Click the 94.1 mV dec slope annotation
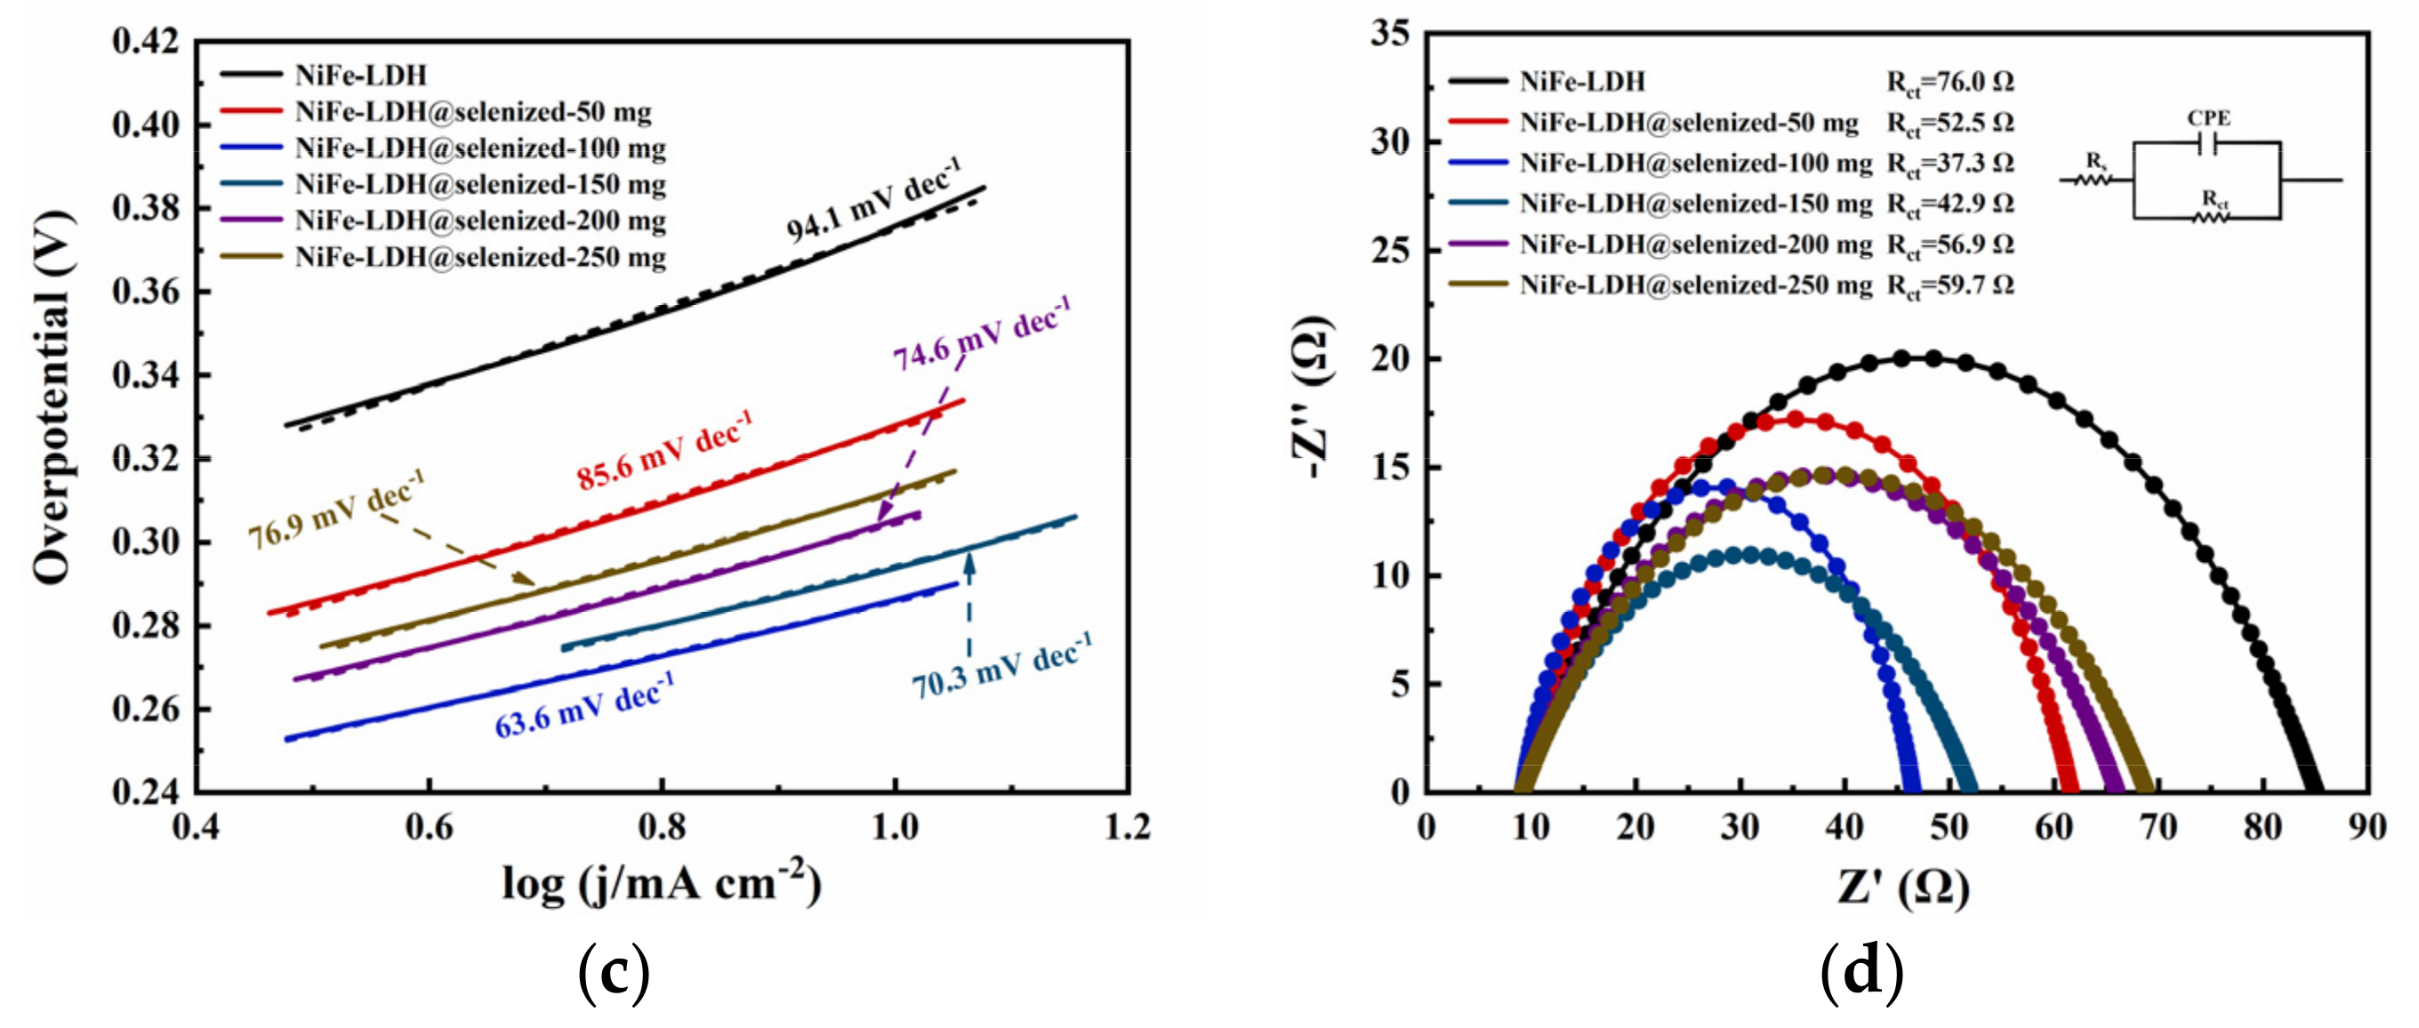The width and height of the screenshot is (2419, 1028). (x=872, y=201)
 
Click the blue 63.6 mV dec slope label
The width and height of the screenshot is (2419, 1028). (x=584, y=707)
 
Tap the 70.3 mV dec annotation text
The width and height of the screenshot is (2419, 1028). (x=1001, y=668)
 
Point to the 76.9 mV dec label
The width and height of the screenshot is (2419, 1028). (x=335, y=510)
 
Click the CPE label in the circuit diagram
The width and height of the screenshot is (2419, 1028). (x=2207, y=118)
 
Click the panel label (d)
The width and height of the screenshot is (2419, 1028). (x=1861, y=973)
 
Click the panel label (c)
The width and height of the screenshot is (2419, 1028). (x=614, y=973)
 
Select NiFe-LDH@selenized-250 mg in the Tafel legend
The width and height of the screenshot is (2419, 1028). (x=480, y=257)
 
